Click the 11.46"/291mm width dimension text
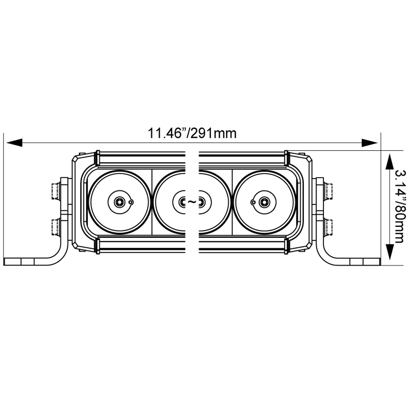[x=192, y=134]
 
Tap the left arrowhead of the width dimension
[x=14, y=142]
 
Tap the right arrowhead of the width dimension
[x=369, y=142]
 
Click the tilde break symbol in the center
[x=192, y=202]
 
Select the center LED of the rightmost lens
[x=264, y=202]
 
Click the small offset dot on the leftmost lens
[x=131, y=202]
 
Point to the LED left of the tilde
[x=182, y=202]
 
